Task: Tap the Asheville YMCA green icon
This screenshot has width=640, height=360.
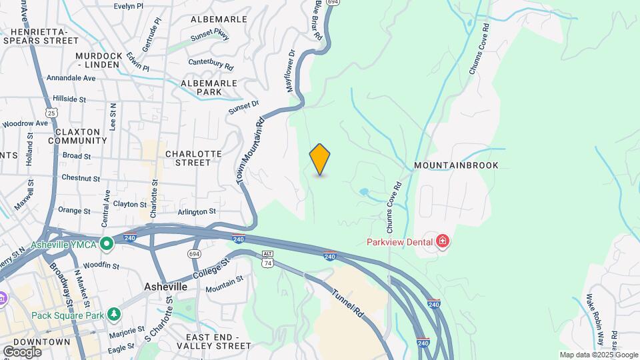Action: pyautogui.click(x=105, y=245)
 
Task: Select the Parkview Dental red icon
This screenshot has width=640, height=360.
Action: pyautogui.click(x=441, y=242)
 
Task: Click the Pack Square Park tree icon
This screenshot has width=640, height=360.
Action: pyautogui.click(x=115, y=313)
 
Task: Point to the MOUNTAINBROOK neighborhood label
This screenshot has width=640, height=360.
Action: pyautogui.click(x=456, y=165)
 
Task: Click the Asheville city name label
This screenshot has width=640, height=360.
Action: pyautogui.click(x=165, y=286)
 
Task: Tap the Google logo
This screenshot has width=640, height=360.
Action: pyautogui.click(x=22, y=351)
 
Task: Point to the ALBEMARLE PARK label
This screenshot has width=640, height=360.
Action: pyautogui.click(x=209, y=87)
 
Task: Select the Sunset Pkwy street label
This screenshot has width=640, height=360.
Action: pyautogui.click(x=210, y=35)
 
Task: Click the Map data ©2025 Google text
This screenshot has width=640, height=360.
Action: pyautogui.click(x=598, y=355)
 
